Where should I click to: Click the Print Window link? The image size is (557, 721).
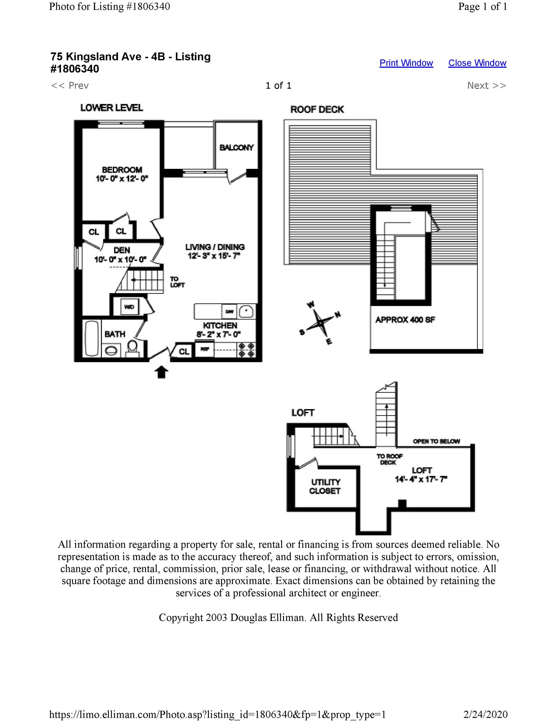coord(406,63)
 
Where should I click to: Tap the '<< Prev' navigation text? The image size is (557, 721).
coord(70,86)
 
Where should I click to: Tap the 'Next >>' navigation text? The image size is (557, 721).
coord(486,86)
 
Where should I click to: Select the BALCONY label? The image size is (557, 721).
coord(236,148)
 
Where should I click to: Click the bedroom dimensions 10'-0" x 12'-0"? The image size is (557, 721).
coord(122,179)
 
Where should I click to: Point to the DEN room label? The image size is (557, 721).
coord(122,250)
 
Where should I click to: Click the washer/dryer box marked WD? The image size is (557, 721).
coord(129,307)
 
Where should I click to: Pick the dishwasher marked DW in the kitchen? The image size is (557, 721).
coord(229,311)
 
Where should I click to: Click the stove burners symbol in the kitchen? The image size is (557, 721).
coord(247,350)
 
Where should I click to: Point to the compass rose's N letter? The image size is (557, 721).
coord(338,315)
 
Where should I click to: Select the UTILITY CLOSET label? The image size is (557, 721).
coord(325,486)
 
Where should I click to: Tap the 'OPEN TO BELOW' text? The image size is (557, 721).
coord(436,441)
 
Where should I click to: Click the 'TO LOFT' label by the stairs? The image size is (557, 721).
coord(177,282)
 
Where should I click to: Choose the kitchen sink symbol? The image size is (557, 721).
coord(246,311)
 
